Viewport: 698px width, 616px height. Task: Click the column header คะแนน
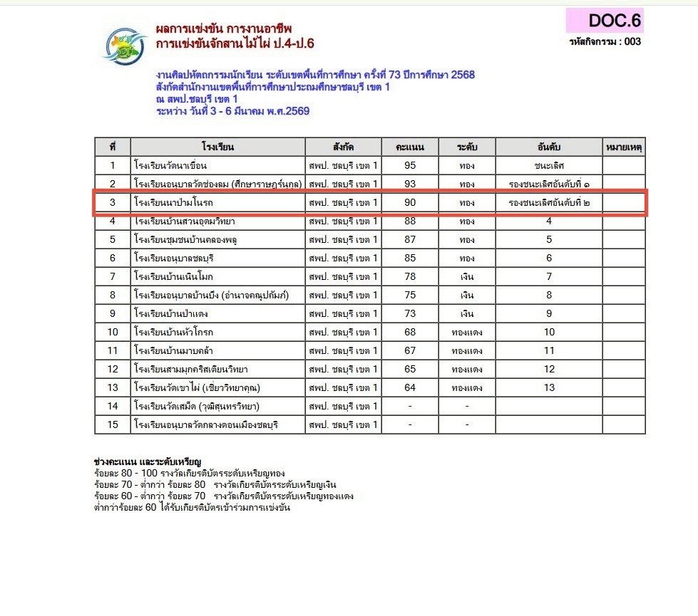410,147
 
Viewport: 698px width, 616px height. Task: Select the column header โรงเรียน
218,147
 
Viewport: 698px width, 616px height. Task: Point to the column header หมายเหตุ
624,147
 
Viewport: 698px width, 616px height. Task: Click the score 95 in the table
410,166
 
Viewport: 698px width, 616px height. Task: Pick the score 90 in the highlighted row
410,203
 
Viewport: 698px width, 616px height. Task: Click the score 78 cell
410,276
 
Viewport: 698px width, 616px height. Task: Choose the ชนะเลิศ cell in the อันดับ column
548,166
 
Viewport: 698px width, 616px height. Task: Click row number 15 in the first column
113,424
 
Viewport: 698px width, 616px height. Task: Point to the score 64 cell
410,387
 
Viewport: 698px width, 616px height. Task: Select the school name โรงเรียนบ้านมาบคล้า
174,350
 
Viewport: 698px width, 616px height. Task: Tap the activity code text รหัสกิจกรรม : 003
605,42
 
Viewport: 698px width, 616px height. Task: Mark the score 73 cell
410,313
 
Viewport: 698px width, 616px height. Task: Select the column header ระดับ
467,147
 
